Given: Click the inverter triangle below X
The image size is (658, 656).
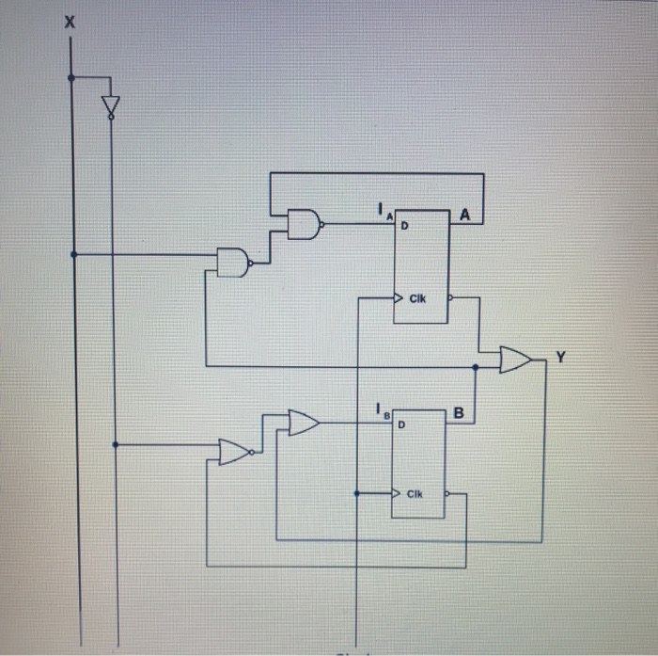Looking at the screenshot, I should click(x=110, y=104).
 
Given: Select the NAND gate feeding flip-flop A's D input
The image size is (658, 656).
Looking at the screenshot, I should click(x=304, y=224).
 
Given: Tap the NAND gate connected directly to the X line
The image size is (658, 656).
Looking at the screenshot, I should click(x=233, y=262).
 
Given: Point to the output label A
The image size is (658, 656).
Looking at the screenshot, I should click(x=464, y=216).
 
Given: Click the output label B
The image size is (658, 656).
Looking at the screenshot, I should click(x=459, y=412).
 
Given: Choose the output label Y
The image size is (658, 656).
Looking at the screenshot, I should click(x=561, y=357).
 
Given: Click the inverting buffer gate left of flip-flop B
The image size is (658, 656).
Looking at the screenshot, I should click(x=234, y=452).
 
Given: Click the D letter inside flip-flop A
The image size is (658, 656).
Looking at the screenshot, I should click(x=407, y=226).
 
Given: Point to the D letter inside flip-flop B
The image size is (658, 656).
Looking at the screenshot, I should click(x=402, y=424).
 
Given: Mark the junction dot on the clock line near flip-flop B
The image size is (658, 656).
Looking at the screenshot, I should click(x=357, y=492).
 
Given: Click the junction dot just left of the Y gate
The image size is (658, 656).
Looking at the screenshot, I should click(x=477, y=365).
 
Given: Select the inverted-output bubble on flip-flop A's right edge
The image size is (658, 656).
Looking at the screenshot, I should click(x=449, y=298).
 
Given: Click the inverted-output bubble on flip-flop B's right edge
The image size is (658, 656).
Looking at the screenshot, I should click(x=447, y=493).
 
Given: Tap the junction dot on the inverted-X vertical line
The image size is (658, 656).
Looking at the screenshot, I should click(x=115, y=444).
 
